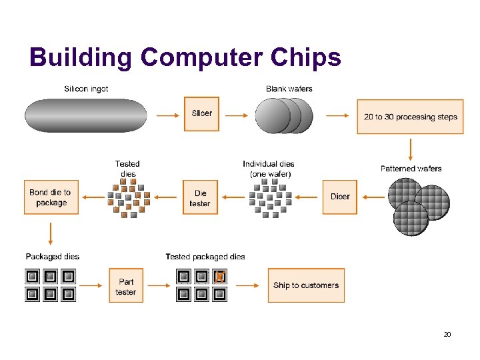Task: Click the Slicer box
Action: click(201, 114)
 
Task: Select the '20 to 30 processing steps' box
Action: click(410, 117)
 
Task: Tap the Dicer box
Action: click(340, 197)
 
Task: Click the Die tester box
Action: click(200, 197)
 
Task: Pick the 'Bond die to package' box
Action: click(51, 197)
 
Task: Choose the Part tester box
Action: click(126, 286)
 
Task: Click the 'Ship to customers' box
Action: click(306, 285)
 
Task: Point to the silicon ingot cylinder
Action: click(85, 115)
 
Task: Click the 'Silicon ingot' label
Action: click(86, 89)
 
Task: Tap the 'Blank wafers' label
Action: click(289, 89)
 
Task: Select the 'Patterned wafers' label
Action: click(411, 169)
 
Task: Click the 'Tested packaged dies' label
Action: click(205, 257)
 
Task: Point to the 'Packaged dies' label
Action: click(53, 257)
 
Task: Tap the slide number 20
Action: click(447, 334)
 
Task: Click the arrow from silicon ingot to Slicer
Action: click(167, 115)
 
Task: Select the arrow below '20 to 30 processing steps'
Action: click(410, 148)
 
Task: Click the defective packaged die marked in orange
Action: click(219, 276)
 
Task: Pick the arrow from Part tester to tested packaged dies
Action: click(159, 285)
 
